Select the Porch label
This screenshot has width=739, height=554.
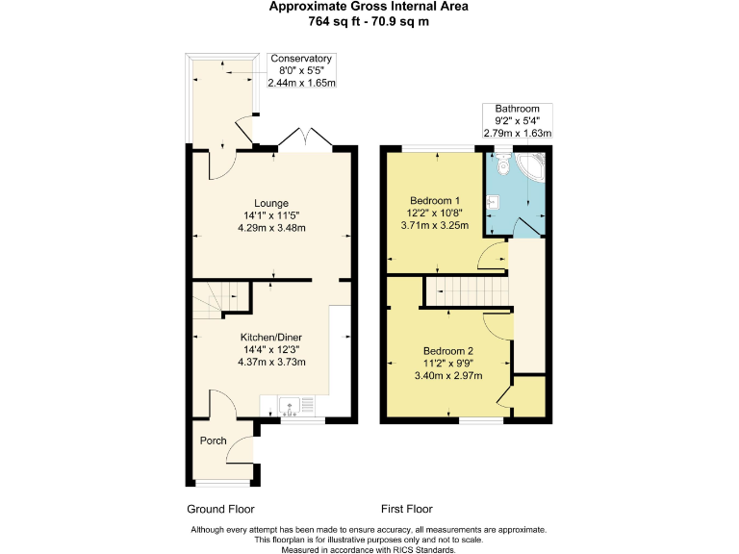coord(213,441)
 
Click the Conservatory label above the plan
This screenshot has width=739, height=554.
coord(300,59)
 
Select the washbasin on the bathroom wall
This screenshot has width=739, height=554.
coord(492,202)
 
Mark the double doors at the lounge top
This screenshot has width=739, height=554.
coord(306,139)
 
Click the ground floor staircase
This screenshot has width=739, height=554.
coord(213,299)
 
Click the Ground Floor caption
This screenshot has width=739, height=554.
coord(219,509)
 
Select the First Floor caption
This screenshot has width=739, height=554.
coord(406,509)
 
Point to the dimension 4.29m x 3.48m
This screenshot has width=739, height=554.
coord(272,228)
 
